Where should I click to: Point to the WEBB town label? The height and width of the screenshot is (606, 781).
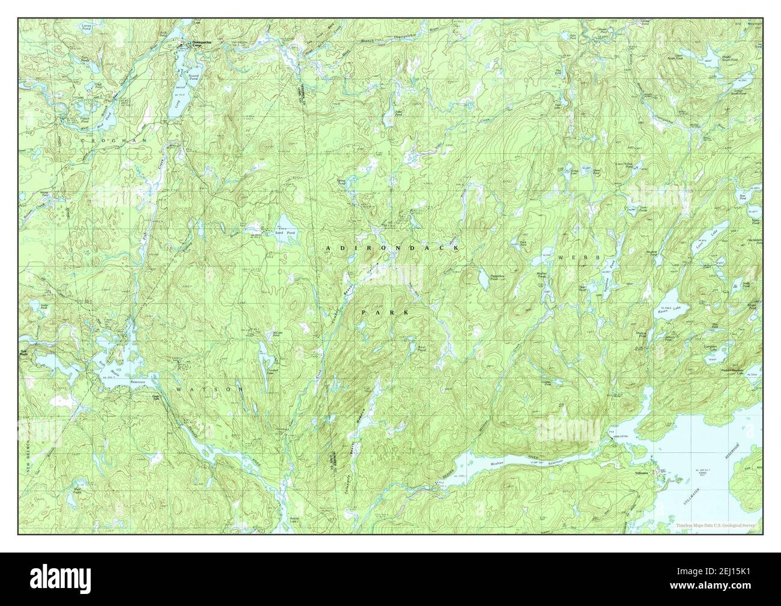(570, 257)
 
